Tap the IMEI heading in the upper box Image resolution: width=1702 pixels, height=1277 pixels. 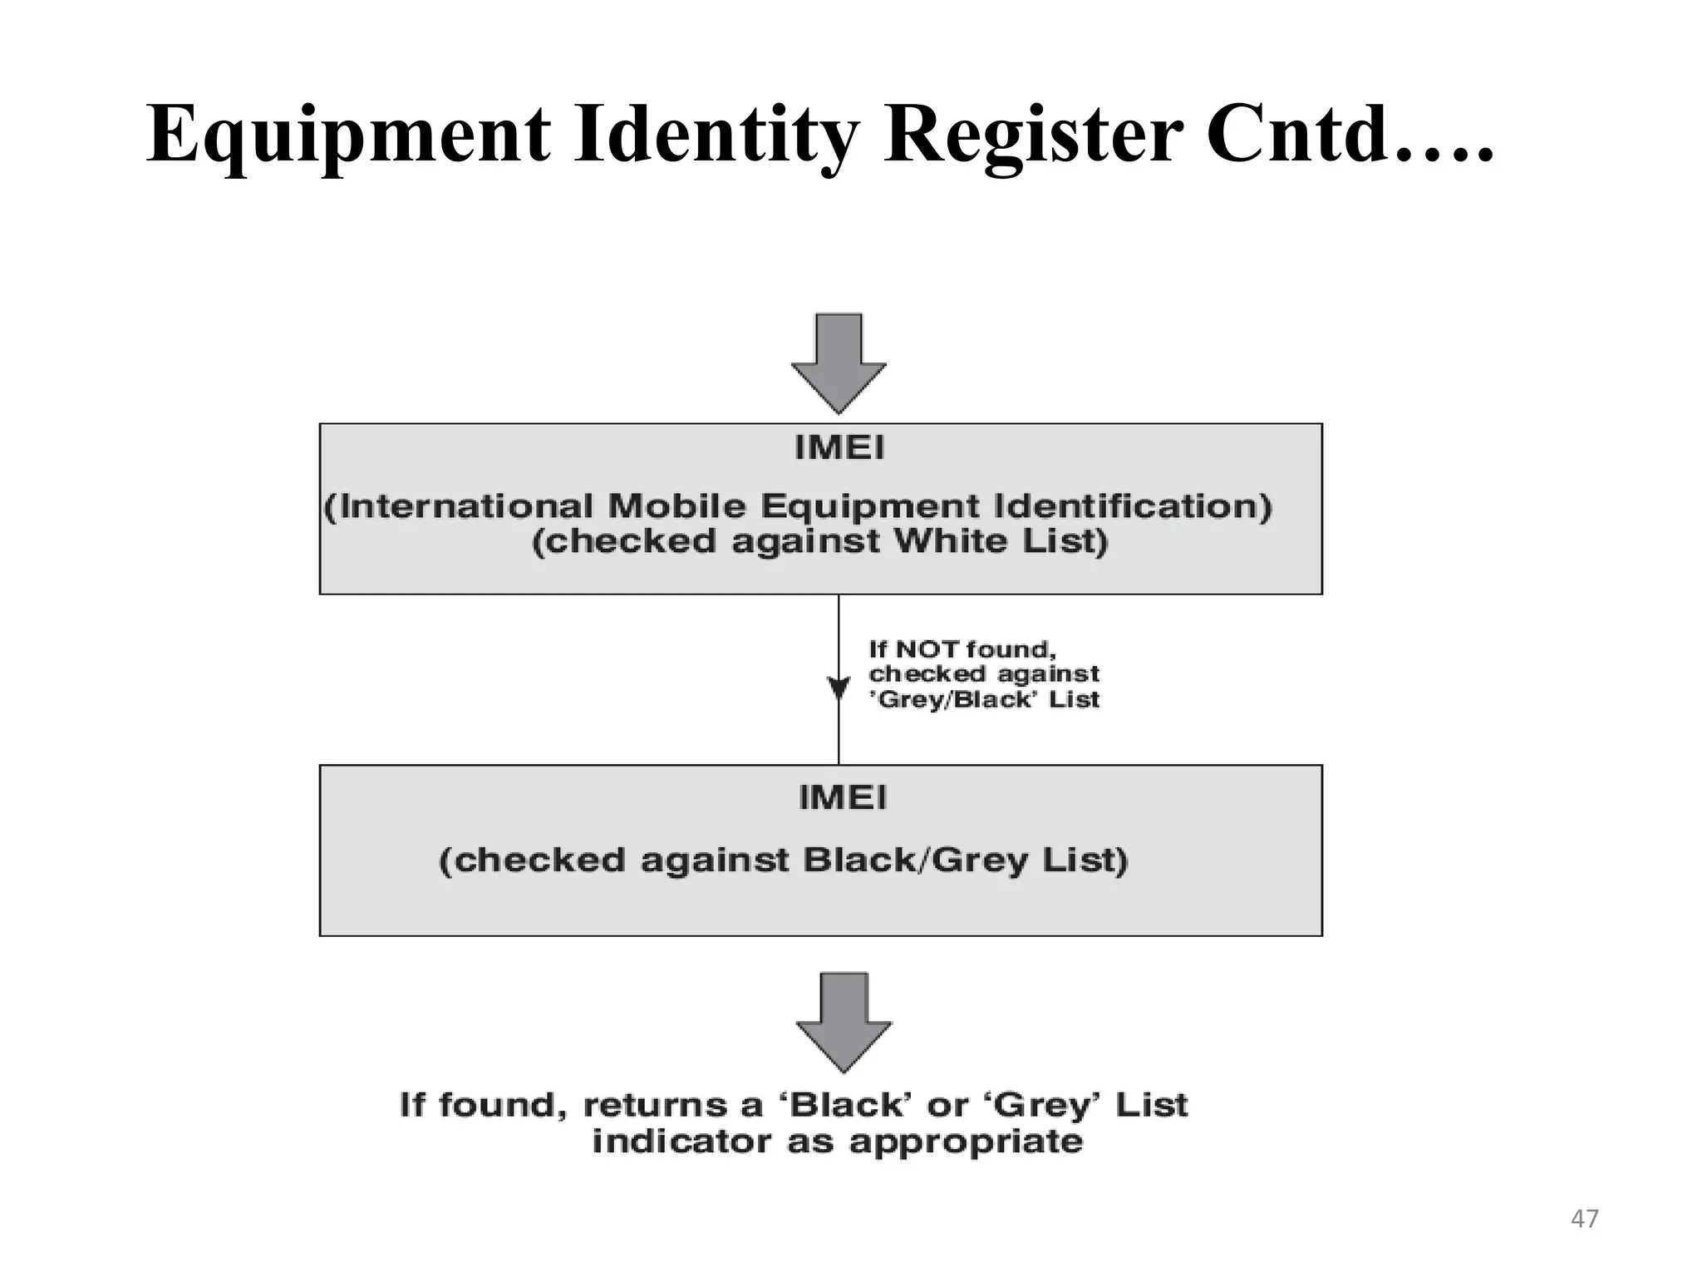(x=839, y=449)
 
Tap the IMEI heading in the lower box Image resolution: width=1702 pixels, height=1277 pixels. (x=842, y=798)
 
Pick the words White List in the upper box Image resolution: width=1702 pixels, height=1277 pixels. (x=1000, y=542)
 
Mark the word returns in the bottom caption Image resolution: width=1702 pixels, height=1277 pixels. (x=643, y=1106)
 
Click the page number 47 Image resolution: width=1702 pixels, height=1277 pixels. (x=1584, y=1219)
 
